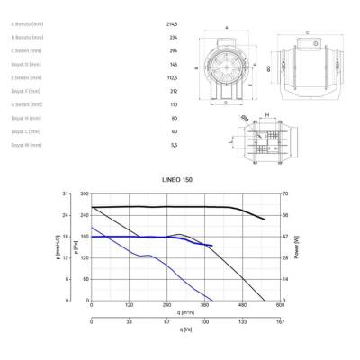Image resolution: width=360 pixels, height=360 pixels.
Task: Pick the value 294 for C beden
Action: click(x=173, y=52)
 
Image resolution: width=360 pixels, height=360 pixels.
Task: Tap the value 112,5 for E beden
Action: click(x=174, y=78)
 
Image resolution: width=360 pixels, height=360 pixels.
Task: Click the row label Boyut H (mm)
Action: click(x=24, y=117)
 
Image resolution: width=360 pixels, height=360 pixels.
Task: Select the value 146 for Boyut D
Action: click(x=173, y=65)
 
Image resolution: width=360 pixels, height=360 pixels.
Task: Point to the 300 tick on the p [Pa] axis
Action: click(x=85, y=194)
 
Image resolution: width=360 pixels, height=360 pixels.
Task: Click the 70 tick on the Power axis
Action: click(x=284, y=194)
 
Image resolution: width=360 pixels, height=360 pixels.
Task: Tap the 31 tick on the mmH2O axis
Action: click(x=66, y=194)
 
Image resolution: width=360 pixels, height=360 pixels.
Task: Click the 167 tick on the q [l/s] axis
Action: click(x=280, y=319)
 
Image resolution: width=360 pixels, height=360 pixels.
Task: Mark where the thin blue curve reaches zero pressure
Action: click(x=211, y=300)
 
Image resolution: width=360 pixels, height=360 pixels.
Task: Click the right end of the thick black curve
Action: click(x=264, y=220)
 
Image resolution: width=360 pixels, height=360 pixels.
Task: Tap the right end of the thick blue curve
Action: click(x=212, y=246)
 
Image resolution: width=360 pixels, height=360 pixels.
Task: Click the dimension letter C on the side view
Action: click(x=308, y=31)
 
